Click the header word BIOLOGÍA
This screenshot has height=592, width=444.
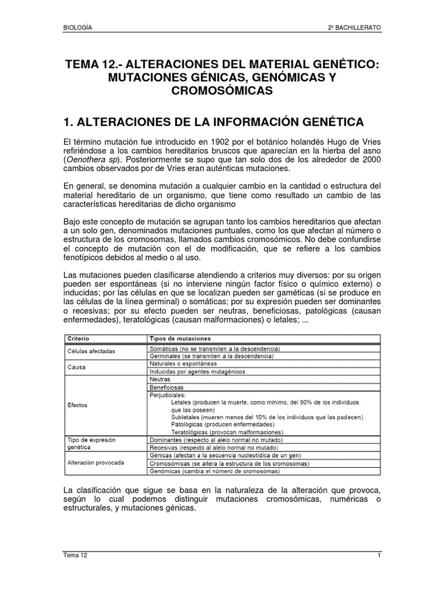pos(77,28)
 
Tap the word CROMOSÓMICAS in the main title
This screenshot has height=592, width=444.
pos(222,91)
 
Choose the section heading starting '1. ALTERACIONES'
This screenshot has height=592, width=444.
pos(213,122)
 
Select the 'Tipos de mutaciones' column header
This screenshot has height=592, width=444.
pos(180,338)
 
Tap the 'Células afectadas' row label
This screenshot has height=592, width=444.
pos(91,351)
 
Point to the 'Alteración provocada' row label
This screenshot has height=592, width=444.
pos(95,462)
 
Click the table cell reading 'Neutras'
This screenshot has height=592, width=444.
pos(160,379)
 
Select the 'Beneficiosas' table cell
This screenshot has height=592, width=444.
pos(166,387)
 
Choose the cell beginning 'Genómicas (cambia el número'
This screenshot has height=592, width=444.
pos(221,471)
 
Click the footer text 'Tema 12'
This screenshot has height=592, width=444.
pos(75,555)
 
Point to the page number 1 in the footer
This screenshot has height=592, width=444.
pos(379,555)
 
